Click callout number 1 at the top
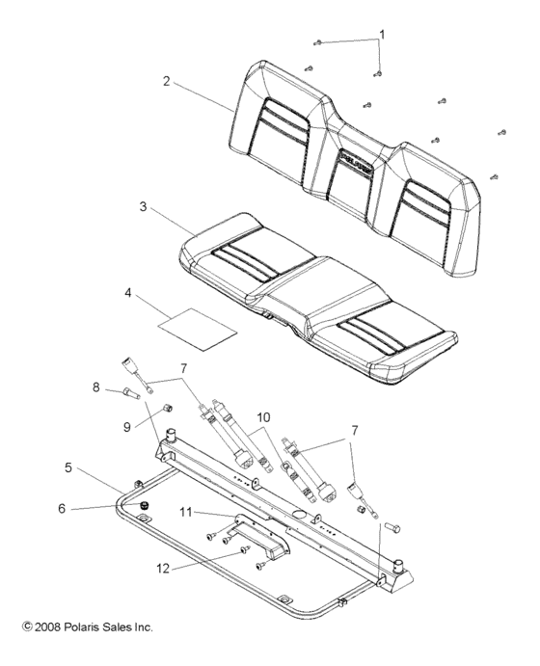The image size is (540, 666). [381, 35]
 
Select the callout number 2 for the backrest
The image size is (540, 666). [166, 82]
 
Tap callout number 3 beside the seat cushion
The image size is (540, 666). [143, 206]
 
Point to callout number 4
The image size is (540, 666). [127, 292]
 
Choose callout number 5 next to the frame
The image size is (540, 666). [68, 467]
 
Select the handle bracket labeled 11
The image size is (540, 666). [261, 533]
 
